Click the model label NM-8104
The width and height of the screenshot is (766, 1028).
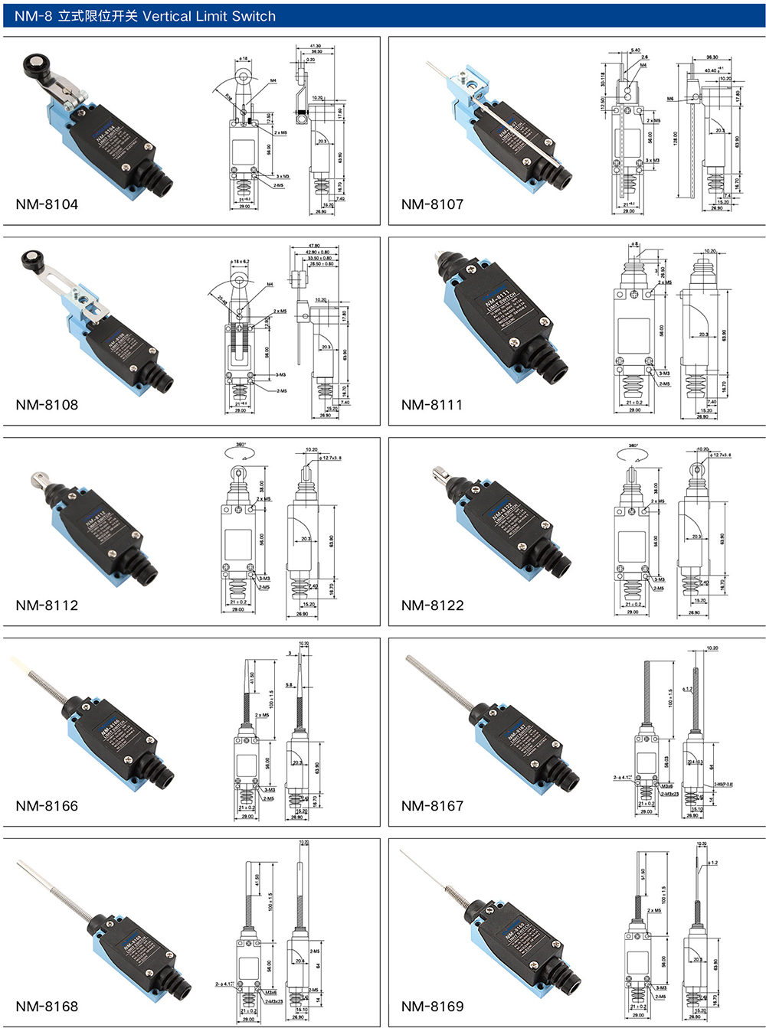tap(47, 204)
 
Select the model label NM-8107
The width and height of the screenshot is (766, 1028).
tap(432, 204)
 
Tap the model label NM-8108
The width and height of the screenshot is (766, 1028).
tap(47, 405)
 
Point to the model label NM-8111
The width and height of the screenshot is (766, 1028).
tap(432, 405)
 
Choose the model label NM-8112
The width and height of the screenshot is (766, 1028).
tap(47, 605)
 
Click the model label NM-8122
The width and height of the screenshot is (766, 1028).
tap(432, 605)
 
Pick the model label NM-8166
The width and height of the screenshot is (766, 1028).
tap(47, 806)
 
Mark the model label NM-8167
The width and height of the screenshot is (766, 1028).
tap(432, 806)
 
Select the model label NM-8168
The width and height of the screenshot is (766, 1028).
tap(47, 1007)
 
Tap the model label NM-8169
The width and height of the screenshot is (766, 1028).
tap(432, 1007)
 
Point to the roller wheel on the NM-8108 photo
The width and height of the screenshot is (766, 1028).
tap(32, 263)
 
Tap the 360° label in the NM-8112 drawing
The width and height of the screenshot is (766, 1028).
tap(241, 445)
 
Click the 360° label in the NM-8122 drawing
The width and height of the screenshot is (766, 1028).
tap(633, 445)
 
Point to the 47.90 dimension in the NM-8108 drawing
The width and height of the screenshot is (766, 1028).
tap(314, 246)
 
